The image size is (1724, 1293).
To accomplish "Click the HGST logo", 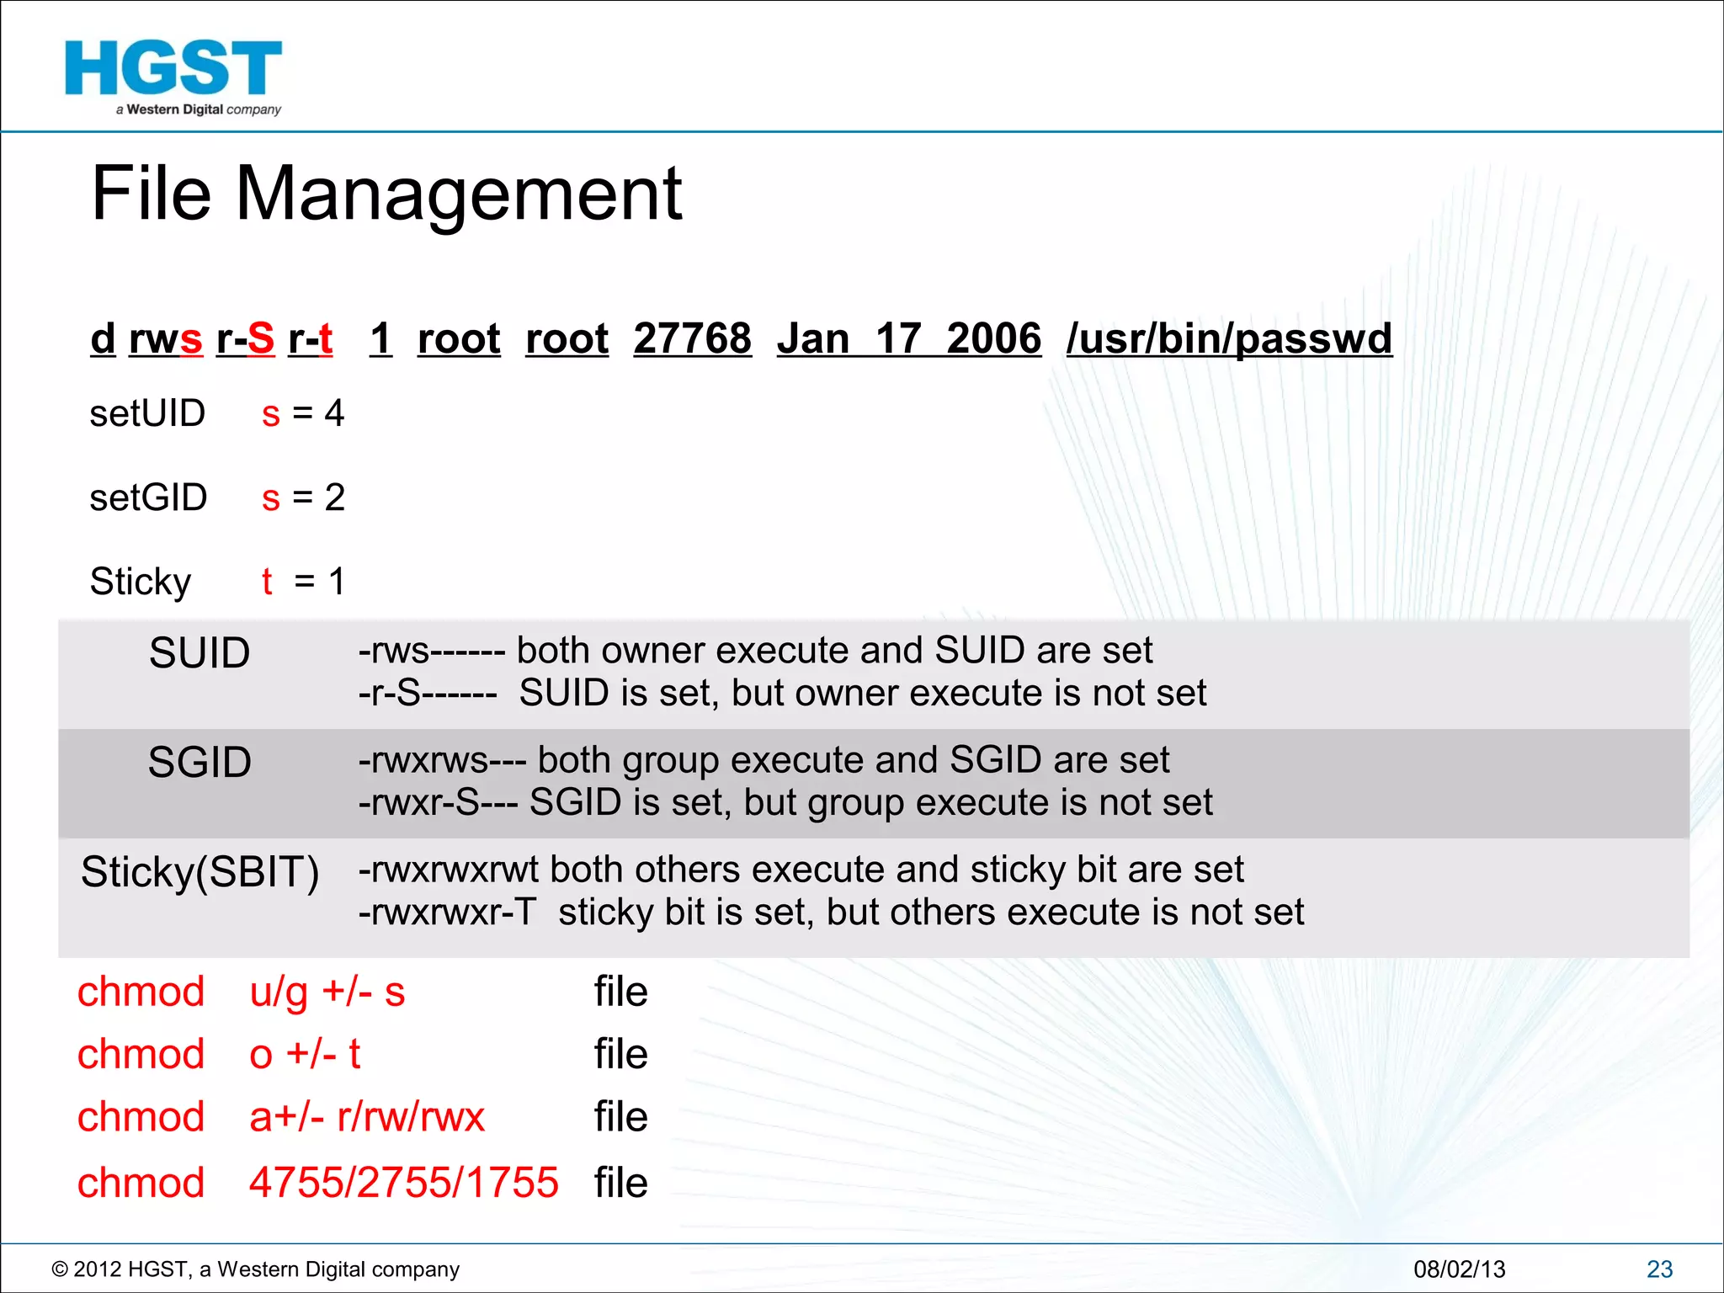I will pyautogui.click(x=173, y=77).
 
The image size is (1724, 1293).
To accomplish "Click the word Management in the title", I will pyautogui.click(x=459, y=194).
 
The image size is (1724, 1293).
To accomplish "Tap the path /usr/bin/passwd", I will pyautogui.click(x=1229, y=338).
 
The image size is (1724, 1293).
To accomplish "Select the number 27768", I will pyautogui.click(x=692, y=338).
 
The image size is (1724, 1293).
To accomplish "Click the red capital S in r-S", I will pyautogui.click(x=260, y=338).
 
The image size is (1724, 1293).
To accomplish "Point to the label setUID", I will pyautogui.click(x=147, y=413).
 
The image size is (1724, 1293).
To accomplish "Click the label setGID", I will pyautogui.click(x=148, y=498).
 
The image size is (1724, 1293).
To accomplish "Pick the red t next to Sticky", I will pyautogui.click(x=267, y=582).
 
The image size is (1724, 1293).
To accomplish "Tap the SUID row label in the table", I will pyautogui.click(x=200, y=653).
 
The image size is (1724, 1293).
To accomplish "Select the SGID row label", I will pyautogui.click(x=200, y=763).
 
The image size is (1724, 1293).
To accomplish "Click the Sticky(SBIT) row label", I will pyautogui.click(x=200, y=872).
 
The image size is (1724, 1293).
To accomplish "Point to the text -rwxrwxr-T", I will pyautogui.click(x=447, y=913).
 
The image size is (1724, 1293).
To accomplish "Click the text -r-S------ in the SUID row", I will pyautogui.click(x=428, y=694).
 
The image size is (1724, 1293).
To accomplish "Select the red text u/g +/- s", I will pyautogui.click(x=327, y=992).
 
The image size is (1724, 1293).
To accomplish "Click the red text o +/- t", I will pyautogui.click(x=305, y=1054).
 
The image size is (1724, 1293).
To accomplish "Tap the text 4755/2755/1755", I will pyautogui.click(x=404, y=1183).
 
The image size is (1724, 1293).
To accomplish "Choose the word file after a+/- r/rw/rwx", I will pyautogui.click(x=620, y=1118).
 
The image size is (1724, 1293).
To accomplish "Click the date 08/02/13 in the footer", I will pyautogui.click(x=1459, y=1269).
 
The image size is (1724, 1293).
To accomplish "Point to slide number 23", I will pyautogui.click(x=1659, y=1269).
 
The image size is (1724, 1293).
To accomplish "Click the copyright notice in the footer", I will pyautogui.click(x=256, y=1269).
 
